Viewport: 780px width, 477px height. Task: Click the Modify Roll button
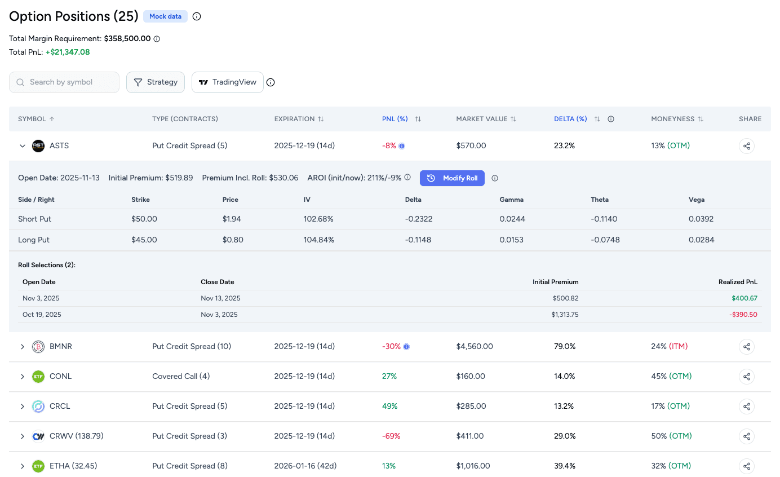click(452, 178)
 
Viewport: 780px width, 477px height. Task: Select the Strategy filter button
click(156, 82)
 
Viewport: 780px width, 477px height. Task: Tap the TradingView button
click(228, 82)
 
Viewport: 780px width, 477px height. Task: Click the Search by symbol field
click(64, 82)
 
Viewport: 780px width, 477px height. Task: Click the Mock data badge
click(165, 16)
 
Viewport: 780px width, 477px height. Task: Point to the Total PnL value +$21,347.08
click(68, 52)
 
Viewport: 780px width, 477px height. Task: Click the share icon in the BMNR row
click(746, 347)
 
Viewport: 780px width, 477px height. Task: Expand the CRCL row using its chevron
click(23, 407)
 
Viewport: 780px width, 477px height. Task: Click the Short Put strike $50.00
click(144, 219)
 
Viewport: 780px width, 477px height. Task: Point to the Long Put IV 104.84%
click(318, 240)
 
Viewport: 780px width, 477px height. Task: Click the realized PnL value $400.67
click(744, 298)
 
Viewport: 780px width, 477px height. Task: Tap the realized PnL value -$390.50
click(743, 315)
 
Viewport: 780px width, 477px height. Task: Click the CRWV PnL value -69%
click(389, 436)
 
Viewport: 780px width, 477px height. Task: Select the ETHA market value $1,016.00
click(473, 466)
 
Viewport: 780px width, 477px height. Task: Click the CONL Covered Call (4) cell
click(181, 377)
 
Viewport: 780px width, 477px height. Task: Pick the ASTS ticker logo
click(38, 146)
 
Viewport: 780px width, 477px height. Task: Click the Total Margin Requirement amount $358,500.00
click(127, 39)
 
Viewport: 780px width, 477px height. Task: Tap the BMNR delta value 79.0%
click(565, 347)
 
